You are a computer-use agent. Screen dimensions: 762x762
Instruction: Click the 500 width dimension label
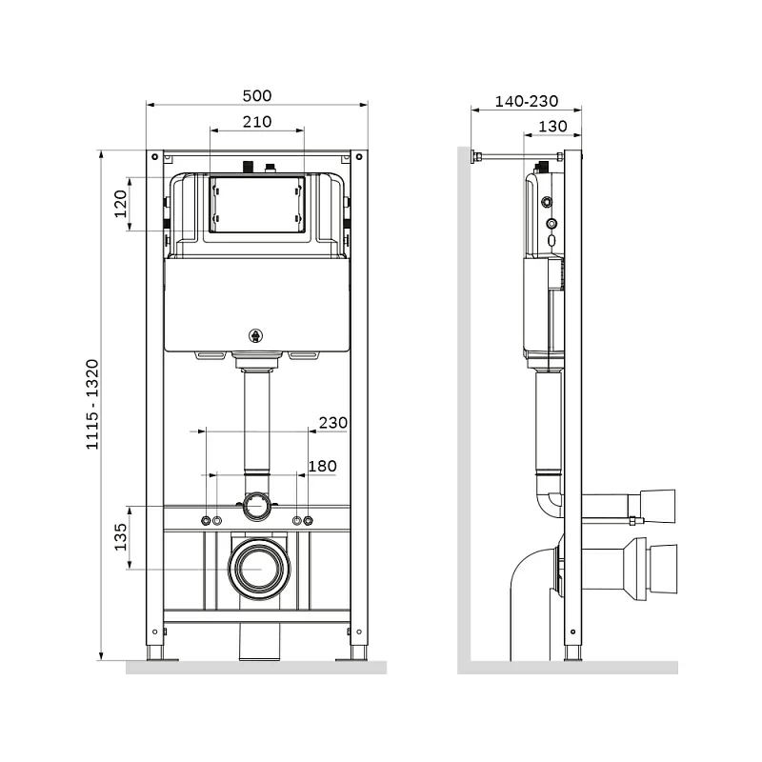coord(256,95)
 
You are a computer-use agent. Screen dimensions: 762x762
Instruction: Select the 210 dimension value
coord(256,121)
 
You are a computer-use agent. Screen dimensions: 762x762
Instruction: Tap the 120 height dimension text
coord(121,203)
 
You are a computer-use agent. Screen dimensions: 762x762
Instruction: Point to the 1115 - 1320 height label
coord(92,405)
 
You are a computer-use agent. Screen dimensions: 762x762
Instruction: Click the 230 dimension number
coord(332,422)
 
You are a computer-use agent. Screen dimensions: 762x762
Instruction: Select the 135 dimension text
coord(121,537)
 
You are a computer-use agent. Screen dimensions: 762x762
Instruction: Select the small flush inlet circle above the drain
coord(255,505)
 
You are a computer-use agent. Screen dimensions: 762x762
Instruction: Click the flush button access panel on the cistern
coord(256,205)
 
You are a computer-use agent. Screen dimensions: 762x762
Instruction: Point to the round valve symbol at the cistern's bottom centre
coord(255,334)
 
